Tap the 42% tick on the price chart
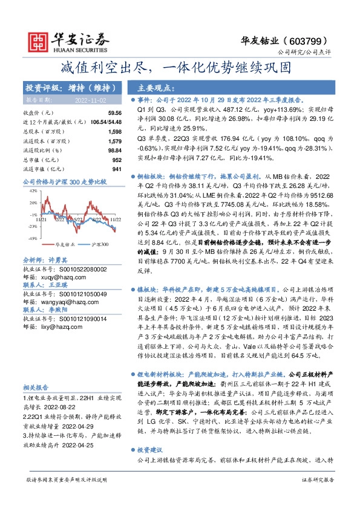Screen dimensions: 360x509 33,190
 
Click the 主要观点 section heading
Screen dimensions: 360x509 160,88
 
